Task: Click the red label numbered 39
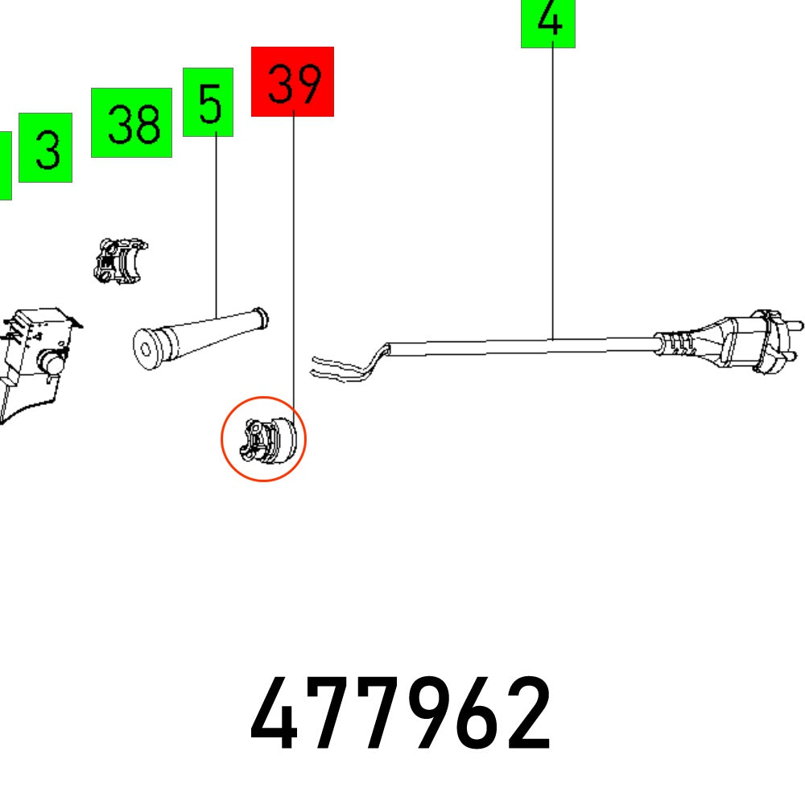pyautogui.click(x=292, y=81)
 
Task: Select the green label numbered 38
pyautogui.click(x=131, y=122)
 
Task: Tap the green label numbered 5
pyautogui.click(x=208, y=102)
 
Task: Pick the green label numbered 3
pyautogui.click(x=46, y=147)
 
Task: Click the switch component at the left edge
pyautogui.click(x=36, y=354)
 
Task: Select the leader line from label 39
pyautogui.click(x=293, y=266)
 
